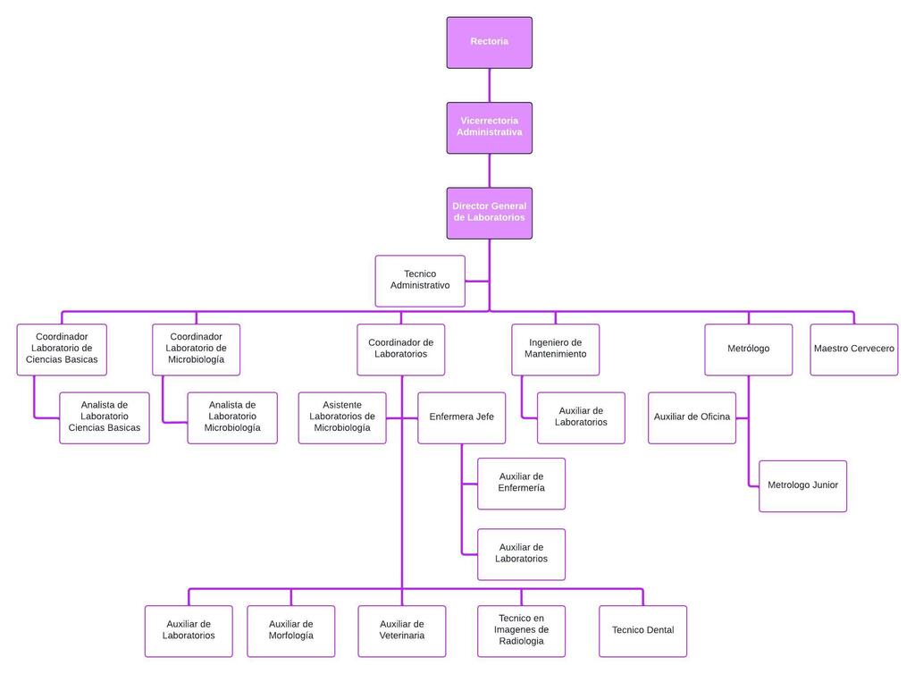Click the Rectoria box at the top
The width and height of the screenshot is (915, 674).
click(489, 42)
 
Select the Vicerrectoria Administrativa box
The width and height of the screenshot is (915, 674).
click(489, 127)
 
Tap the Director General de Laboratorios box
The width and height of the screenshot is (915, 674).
click(489, 213)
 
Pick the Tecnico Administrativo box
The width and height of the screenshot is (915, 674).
click(420, 281)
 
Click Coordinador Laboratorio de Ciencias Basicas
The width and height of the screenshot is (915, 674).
click(62, 349)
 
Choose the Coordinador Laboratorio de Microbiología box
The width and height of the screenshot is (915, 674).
click(196, 349)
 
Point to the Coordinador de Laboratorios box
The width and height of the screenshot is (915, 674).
click(401, 349)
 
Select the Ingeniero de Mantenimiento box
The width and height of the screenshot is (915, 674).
click(556, 349)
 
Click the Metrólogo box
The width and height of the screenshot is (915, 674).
click(749, 349)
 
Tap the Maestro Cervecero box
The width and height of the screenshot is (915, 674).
click(853, 349)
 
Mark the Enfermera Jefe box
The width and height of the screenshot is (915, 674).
click(461, 417)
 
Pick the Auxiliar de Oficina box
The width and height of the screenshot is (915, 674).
click(692, 417)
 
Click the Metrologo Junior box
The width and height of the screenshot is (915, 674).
click(802, 485)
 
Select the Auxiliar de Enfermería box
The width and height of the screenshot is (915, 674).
click(521, 483)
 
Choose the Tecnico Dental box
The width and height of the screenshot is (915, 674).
click(642, 630)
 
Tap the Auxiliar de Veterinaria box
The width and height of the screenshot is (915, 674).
click(401, 630)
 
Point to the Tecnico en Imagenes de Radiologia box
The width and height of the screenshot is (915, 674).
click(522, 630)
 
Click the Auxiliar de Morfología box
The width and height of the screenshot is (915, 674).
click(290, 630)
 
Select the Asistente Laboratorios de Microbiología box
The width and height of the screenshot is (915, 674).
click(342, 417)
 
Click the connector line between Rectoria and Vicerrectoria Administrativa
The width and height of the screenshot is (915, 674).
click(489, 85)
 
